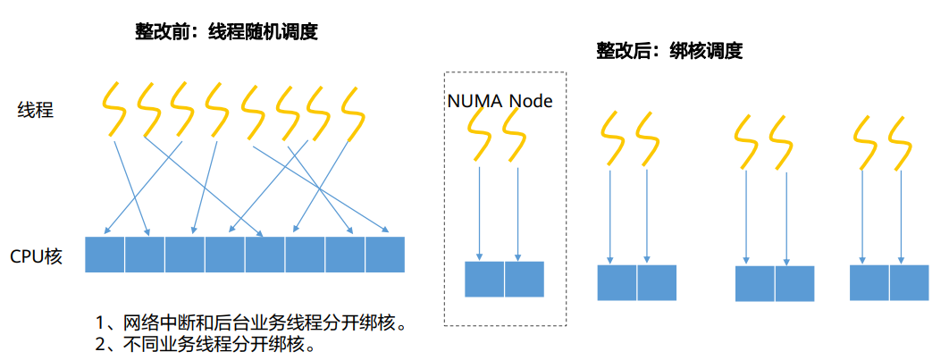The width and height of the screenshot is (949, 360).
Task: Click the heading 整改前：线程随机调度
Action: (226, 32)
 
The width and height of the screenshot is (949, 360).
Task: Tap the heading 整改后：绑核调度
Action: (669, 52)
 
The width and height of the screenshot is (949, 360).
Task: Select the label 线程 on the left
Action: (36, 111)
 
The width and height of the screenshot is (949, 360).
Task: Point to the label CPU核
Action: (36, 256)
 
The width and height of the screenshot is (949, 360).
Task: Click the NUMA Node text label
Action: (500, 101)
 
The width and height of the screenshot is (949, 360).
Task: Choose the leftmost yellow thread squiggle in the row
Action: (113, 109)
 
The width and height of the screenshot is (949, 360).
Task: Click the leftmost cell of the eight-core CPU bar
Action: (105, 255)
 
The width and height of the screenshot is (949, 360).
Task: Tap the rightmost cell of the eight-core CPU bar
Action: (385, 255)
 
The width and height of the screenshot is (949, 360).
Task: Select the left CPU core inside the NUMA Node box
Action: (484, 279)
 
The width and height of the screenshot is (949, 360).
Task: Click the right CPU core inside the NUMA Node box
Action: (525, 279)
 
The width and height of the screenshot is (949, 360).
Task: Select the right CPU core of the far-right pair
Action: (909, 282)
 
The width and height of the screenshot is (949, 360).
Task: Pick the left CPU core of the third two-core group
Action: (755, 283)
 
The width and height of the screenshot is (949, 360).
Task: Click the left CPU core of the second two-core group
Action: (617, 282)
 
